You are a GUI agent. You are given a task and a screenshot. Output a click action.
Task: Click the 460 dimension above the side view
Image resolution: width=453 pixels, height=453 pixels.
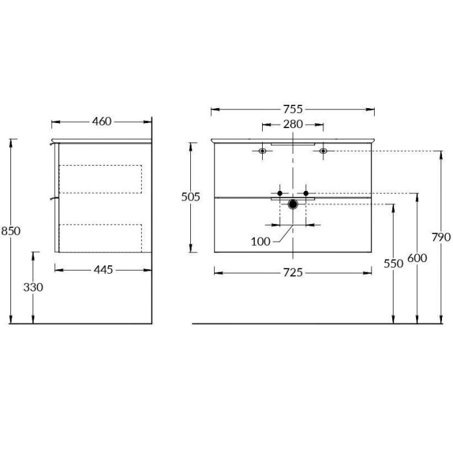[x=102, y=121]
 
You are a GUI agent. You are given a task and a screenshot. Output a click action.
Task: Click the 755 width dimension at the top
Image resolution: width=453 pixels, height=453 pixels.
[x=293, y=109]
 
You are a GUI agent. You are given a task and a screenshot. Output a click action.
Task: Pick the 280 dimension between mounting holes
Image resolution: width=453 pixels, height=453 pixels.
[x=293, y=124]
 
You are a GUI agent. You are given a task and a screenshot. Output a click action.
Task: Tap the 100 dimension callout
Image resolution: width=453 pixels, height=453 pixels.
[x=260, y=241]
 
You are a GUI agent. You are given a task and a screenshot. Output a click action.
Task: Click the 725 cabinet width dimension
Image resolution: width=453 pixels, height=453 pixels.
[x=293, y=273]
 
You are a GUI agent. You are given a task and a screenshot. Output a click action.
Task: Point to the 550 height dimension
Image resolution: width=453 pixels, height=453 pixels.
[x=393, y=263]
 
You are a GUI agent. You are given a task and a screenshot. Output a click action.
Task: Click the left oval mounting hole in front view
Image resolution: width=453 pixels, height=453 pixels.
[x=262, y=151]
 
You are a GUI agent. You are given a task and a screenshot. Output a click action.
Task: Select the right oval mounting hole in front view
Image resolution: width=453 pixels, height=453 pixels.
[x=323, y=151]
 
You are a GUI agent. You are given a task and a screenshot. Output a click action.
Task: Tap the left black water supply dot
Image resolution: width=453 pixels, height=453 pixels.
[x=280, y=193]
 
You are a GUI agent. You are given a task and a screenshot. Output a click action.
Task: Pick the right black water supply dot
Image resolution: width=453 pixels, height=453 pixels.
[x=306, y=193]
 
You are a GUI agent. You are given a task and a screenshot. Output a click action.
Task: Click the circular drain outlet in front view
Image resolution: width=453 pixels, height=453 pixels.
[x=293, y=204]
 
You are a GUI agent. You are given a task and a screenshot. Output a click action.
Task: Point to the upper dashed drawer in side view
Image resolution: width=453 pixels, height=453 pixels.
[x=100, y=179]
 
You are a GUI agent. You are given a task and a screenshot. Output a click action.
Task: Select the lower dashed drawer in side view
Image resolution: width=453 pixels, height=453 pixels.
[x=100, y=238]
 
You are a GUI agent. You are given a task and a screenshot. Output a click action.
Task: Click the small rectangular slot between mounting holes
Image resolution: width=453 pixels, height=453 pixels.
[x=293, y=144]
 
